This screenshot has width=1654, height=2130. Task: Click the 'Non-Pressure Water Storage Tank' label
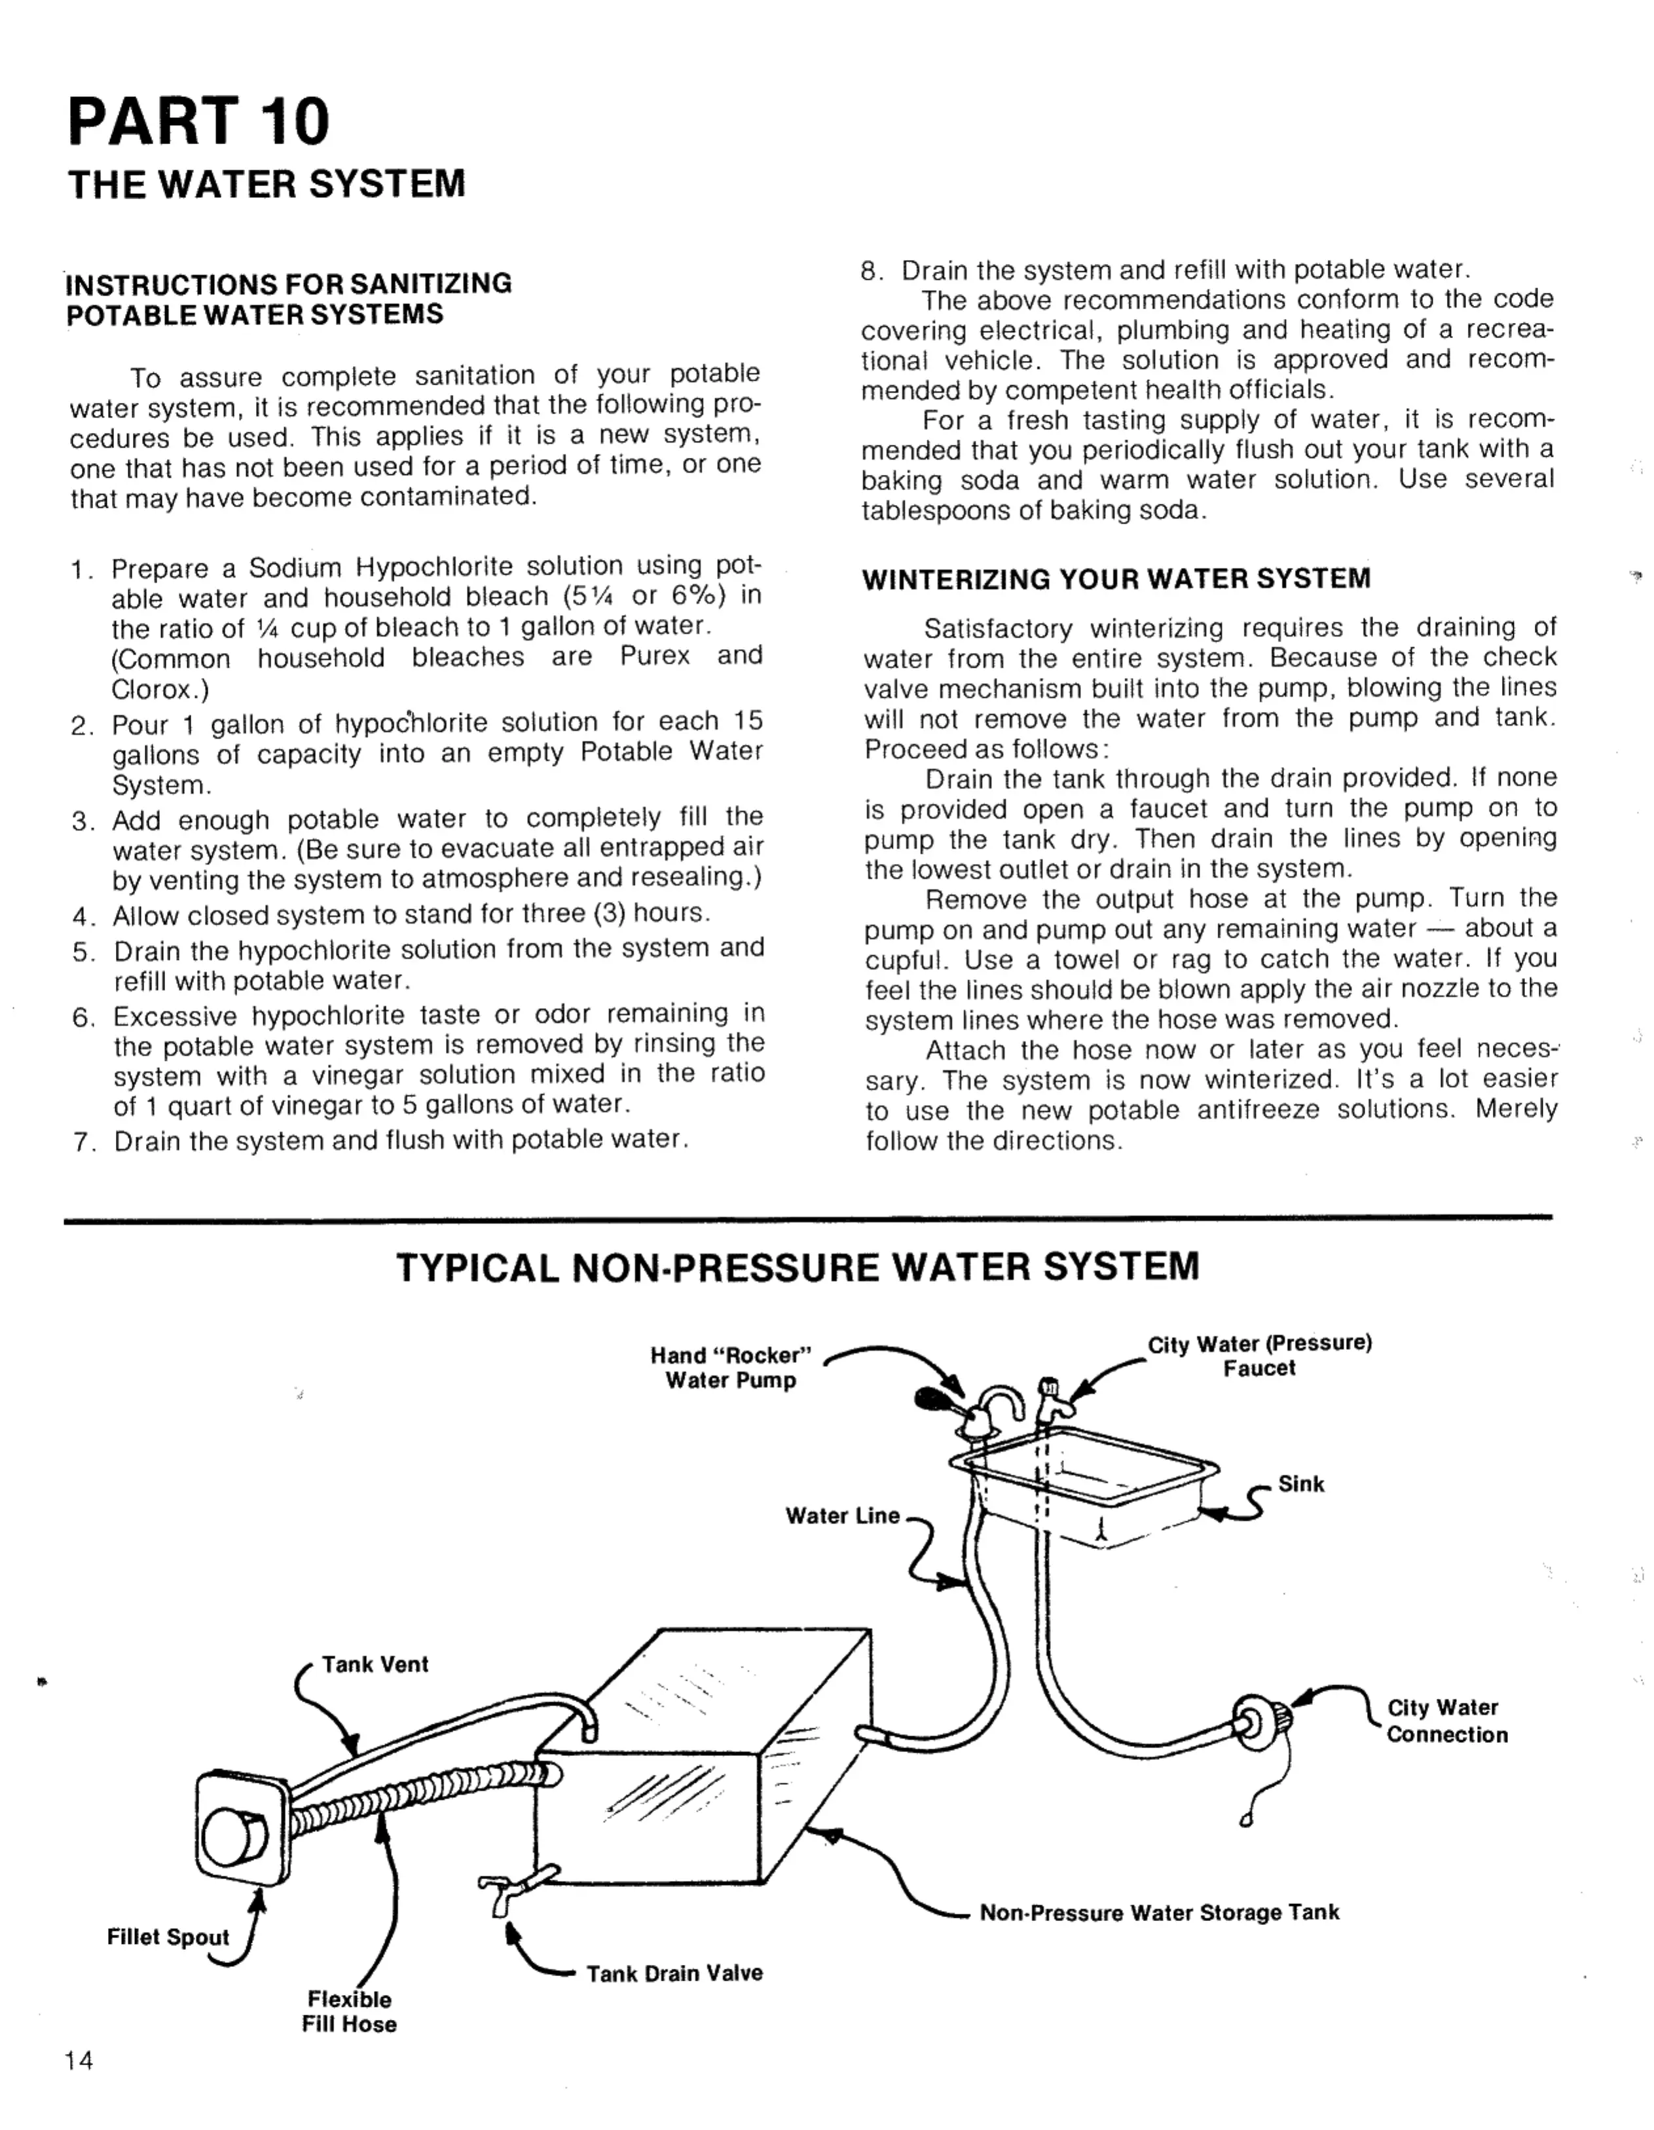coord(1158,1913)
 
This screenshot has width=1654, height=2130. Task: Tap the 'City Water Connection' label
coord(1446,1721)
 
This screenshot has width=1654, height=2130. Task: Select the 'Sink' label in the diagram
coord(1301,1484)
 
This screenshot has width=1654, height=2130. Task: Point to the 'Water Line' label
coord(843,1516)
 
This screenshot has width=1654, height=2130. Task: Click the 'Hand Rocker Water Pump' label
coord(731,1368)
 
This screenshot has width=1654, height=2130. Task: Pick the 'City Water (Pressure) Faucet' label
coord(1259,1356)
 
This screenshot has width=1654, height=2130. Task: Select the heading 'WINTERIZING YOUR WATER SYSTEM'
coord(1116,579)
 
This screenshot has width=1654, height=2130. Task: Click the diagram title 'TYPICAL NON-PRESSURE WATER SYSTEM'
coord(797,1267)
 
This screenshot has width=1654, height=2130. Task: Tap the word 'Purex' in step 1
coord(654,656)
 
